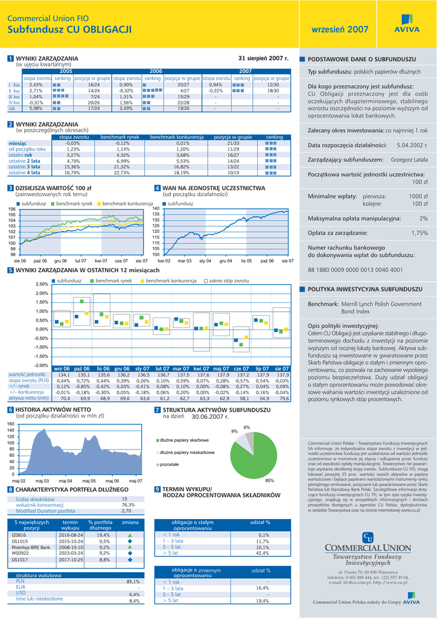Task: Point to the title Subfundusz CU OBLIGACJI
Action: [69, 29]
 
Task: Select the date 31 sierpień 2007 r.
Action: [264, 58]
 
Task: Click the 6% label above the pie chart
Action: [247, 427]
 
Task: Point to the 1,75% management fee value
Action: [419, 232]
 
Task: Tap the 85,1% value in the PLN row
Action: [133, 582]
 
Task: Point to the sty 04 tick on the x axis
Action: [205, 261]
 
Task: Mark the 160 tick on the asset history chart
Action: [10, 424]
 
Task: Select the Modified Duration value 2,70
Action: [126, 511]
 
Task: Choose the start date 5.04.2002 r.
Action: [412, 145]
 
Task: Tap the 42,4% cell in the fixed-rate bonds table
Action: [263, 553]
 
